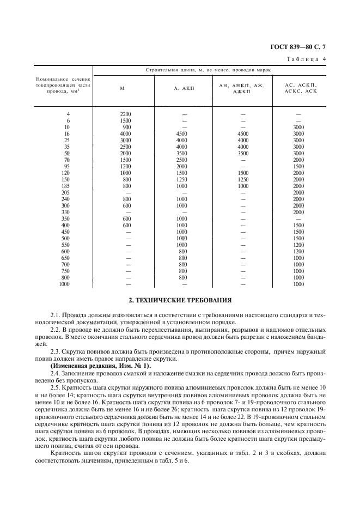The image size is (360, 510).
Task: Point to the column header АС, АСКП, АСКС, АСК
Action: [x=298, y=88]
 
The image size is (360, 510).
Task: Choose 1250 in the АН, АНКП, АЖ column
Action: [x=243, y=180]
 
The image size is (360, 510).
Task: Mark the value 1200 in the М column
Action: [x=126, y=167]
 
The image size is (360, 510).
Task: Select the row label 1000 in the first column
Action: [x=64, y=284]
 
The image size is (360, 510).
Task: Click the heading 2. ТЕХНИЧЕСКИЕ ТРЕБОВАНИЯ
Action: [x=180, y=300]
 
